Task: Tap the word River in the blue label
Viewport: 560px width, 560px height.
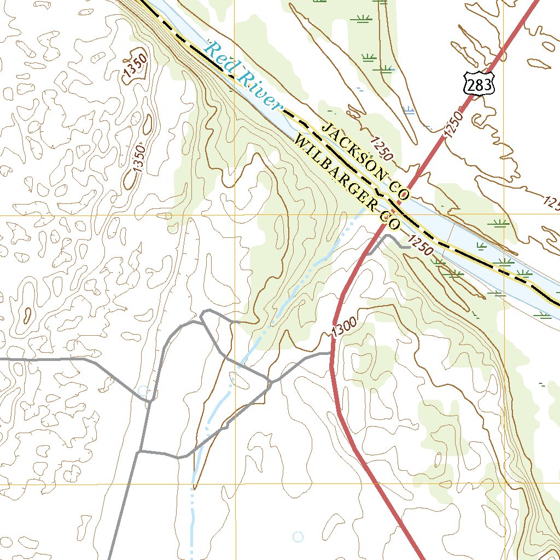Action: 261,92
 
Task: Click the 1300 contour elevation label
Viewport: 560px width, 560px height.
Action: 343,327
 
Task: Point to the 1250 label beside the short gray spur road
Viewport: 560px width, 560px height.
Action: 420,245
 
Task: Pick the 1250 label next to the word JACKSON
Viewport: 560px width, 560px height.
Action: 381,149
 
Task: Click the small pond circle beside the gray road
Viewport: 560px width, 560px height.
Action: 143,390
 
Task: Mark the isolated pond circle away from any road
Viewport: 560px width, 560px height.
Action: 297,536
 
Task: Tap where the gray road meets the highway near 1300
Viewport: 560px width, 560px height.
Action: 331,353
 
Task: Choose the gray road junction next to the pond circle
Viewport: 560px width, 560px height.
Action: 150,401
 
